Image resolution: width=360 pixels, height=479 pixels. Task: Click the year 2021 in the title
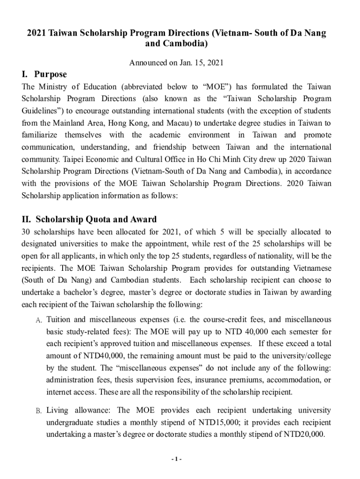[x=36, y=34]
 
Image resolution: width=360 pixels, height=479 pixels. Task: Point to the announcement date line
[x=180, y=63]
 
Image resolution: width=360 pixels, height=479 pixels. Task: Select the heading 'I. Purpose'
[x=44, y=74]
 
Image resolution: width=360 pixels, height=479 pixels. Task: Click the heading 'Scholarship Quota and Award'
[x=96, y=219]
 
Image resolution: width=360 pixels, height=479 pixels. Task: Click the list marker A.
[x=39, y=320]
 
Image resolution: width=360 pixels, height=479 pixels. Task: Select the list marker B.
[x=39, y=411]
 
